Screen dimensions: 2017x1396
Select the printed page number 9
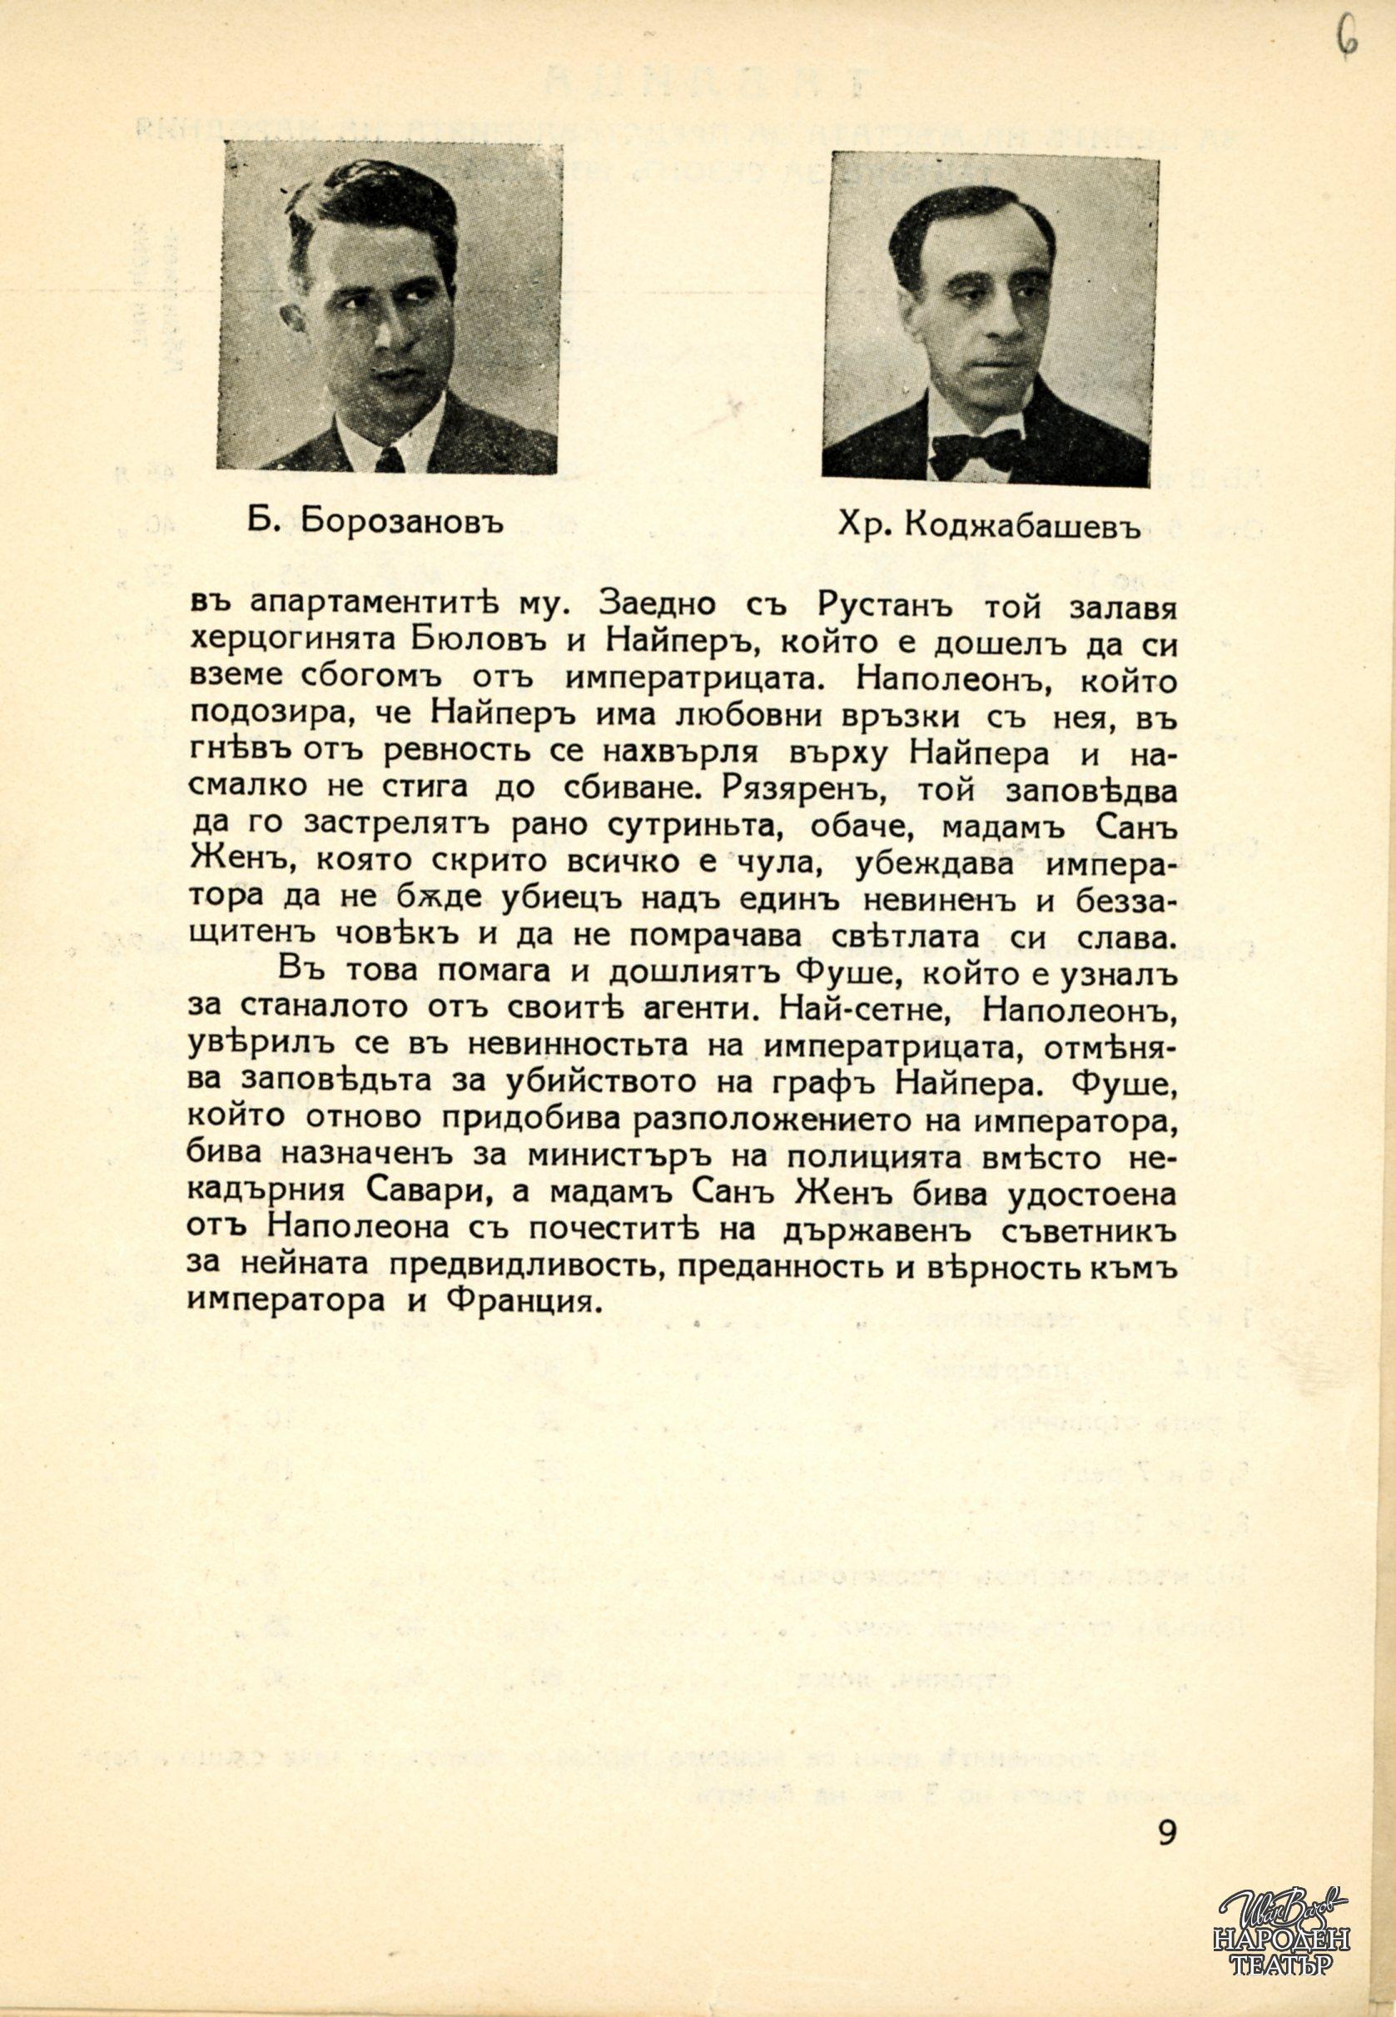point(1167,1826)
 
